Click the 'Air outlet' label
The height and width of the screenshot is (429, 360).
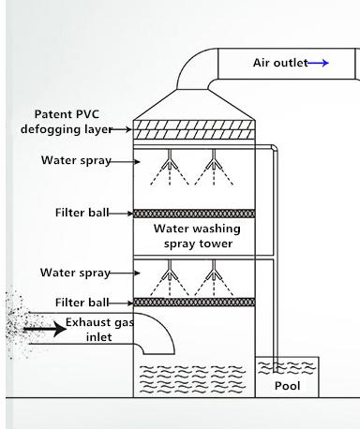tap(278, 63)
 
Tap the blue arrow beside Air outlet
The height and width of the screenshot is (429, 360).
tap(319, 63)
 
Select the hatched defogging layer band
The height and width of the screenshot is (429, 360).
tap(195, 131)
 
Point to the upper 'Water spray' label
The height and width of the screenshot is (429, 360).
tap(75, 160)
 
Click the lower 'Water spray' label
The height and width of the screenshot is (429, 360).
tap(75, 273)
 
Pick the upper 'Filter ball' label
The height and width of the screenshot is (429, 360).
tap(81, 213)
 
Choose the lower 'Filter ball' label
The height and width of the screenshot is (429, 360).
tap(81, 303)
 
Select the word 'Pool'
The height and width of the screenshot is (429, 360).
tap(287, 385)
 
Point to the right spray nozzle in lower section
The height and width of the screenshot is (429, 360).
tap(215, 275)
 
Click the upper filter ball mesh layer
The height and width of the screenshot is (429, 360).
tap(195, 214)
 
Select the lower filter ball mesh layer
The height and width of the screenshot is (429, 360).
tap(195, 302)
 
